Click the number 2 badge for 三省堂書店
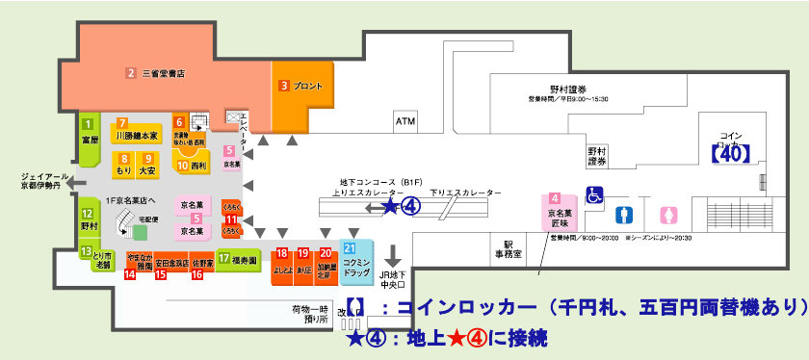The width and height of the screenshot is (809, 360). (x=131, y=72)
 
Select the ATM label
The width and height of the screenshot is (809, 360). (x=404, y=123)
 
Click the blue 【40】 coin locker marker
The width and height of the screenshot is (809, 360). (x=729, y=151)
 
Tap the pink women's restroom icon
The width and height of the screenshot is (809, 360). (x=667, y=214)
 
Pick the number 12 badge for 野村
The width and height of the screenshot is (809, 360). (x=88, y=215)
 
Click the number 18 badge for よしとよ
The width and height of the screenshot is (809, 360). (x=281, y=253)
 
